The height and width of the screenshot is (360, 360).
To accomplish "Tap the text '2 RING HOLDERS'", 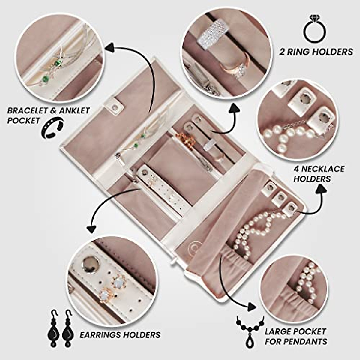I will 316,52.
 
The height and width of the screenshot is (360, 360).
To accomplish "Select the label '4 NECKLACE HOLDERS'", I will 319,173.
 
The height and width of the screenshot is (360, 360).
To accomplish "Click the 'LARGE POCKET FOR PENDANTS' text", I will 295,336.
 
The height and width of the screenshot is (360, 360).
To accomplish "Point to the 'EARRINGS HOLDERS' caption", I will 120,335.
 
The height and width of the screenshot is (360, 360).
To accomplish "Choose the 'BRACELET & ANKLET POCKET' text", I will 48,115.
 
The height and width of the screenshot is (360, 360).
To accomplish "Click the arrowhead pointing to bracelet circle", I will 110,48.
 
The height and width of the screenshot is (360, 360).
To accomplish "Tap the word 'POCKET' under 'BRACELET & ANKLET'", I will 24,121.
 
